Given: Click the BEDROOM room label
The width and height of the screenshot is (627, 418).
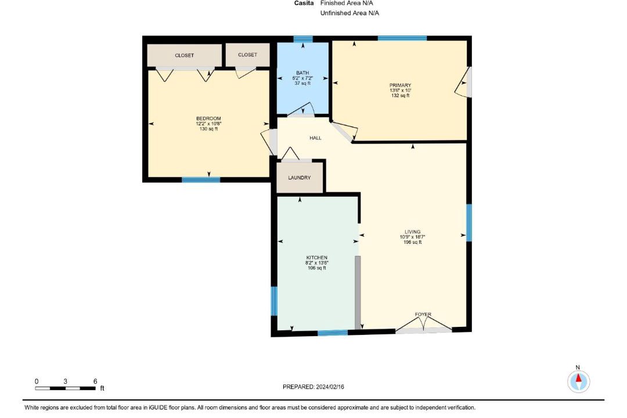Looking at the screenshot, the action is (208, 118).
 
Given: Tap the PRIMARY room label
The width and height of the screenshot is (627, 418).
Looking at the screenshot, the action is (400, 85).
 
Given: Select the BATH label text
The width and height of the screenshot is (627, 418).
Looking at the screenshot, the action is (302, 73).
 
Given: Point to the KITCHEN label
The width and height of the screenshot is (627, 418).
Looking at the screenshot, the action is (317, 258).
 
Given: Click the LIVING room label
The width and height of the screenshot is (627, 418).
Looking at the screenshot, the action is (412, 232).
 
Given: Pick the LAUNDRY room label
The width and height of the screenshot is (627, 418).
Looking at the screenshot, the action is (300, 178).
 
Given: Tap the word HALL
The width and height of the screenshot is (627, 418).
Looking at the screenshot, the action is (315, 138).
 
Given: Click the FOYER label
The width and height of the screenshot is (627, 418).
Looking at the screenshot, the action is (423, 315).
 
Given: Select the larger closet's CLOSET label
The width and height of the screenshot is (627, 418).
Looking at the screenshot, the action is (185, 55).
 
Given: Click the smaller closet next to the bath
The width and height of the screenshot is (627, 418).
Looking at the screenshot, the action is (247, 55).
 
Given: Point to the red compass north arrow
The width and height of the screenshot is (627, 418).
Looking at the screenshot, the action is (578, 378).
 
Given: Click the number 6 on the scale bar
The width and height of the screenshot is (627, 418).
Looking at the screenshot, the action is (95, 381).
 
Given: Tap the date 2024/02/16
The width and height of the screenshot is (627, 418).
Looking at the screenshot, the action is (330, 387).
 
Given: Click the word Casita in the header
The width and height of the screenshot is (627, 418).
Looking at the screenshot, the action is (304, 3).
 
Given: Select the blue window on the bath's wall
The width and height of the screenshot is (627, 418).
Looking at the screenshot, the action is (303, 39).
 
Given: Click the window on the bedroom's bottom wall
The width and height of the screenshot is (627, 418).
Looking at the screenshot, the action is (201, 179).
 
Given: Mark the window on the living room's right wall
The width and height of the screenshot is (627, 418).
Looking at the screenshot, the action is (469, 223).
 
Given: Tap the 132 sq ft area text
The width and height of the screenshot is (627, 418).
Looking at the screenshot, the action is (400, 96).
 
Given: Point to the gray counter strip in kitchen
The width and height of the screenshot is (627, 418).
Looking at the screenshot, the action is (358, 293).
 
